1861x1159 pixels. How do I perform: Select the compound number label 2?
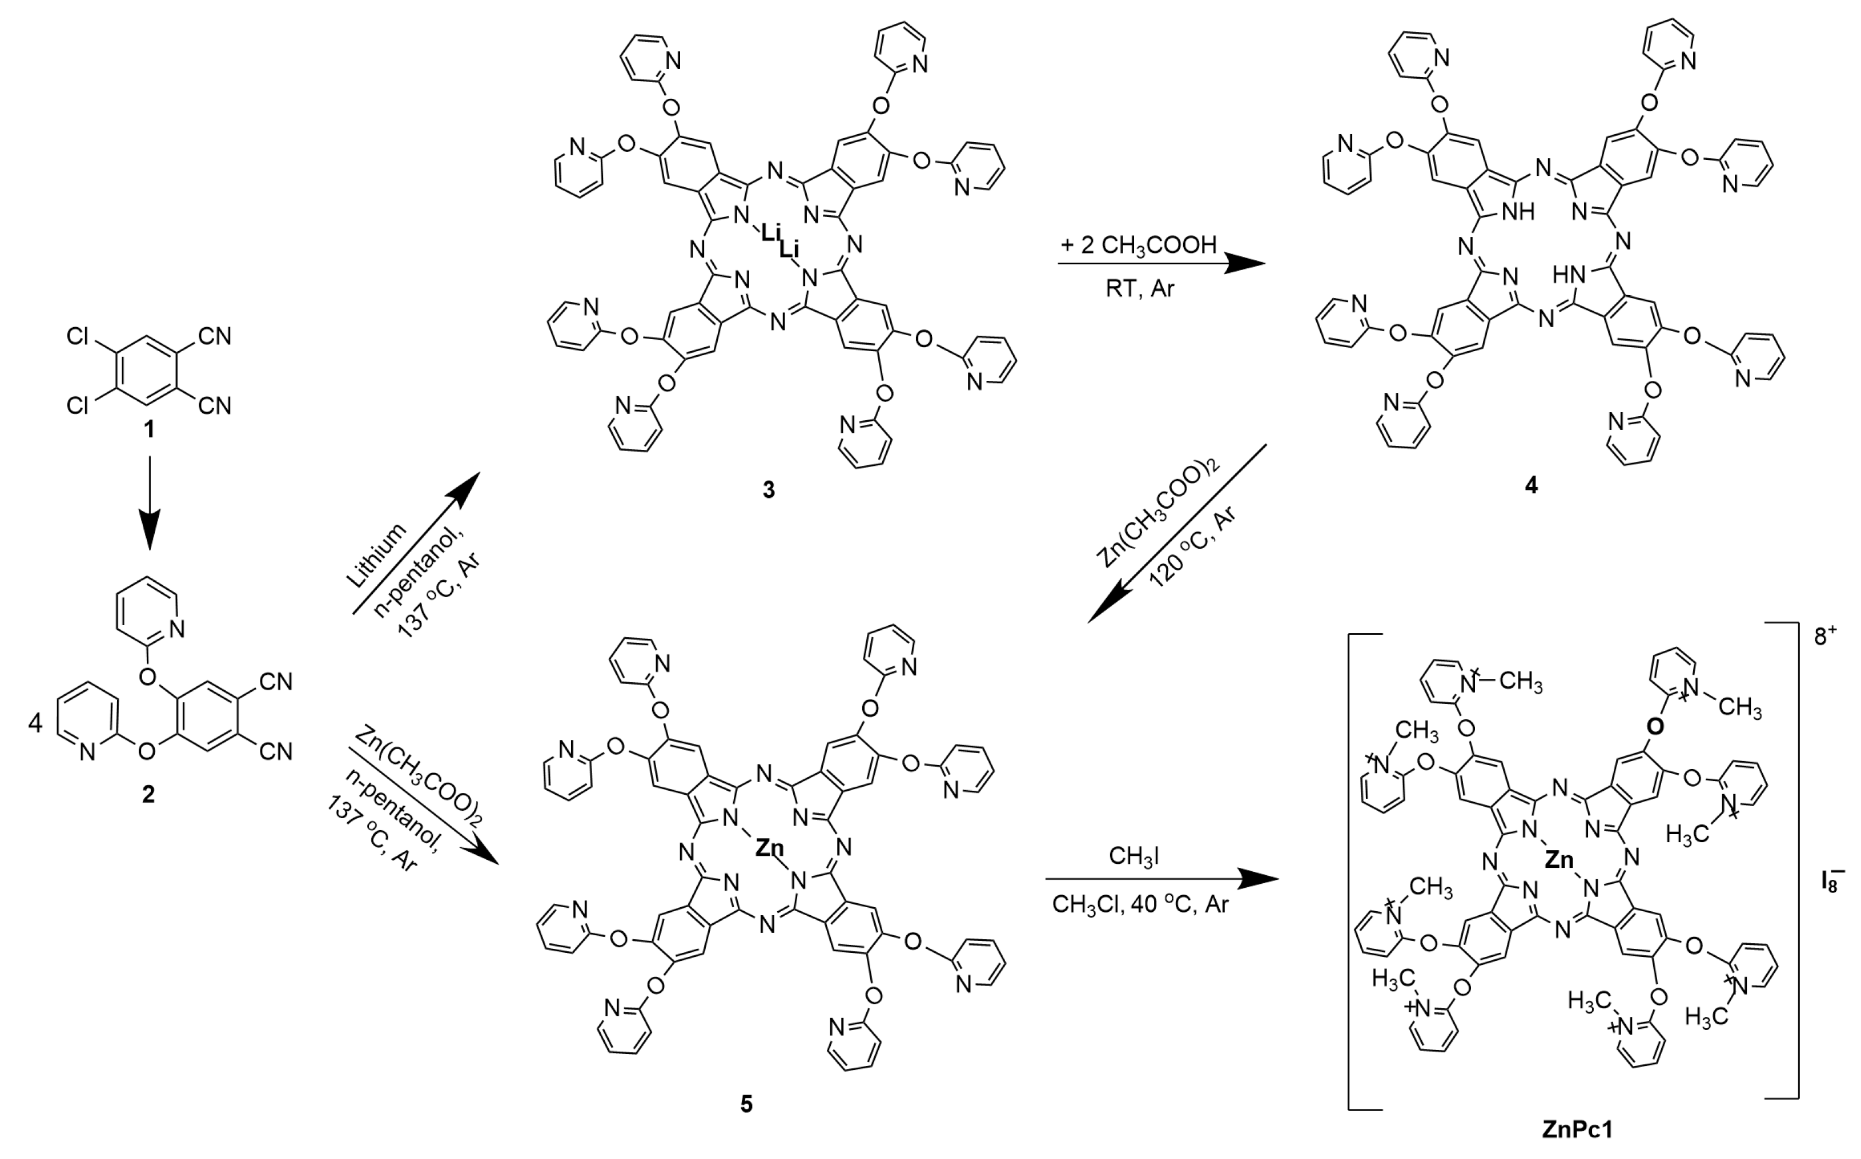148,794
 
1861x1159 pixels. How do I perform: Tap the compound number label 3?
769,490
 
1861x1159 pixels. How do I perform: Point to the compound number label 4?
1530,485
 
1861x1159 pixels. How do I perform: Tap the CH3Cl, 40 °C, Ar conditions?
1140,904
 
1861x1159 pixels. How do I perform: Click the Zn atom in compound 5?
770,848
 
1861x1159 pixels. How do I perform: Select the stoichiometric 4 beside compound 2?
35,723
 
